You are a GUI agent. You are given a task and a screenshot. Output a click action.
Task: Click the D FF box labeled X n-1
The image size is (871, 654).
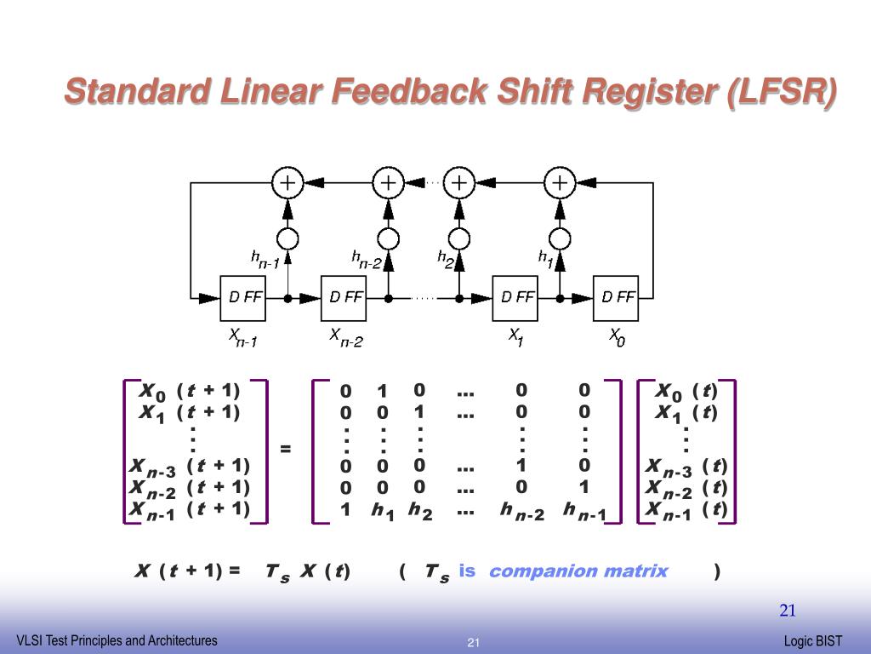(x=242, y=298)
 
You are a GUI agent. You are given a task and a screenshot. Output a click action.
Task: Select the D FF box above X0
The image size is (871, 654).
(x=616, y=298)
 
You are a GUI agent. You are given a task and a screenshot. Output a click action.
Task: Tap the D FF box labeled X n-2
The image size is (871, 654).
(x=343, y=298)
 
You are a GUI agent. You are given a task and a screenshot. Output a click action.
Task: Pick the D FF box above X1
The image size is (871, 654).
(x=515, y=298)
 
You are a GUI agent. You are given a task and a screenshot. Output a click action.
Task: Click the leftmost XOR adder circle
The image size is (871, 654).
(x=287, y=182)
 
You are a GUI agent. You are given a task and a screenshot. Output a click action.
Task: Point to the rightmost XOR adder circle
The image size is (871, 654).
(x=560, y=182)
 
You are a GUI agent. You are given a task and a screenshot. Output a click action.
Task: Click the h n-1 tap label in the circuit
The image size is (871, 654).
(x=265, y=259)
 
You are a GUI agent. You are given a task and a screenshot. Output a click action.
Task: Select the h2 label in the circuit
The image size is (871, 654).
(x=446, y=257)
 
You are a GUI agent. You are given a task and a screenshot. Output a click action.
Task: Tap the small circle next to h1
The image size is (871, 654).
(x=560, y=238)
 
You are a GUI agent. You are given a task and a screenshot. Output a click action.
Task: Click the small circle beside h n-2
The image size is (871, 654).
(x=388, y=238)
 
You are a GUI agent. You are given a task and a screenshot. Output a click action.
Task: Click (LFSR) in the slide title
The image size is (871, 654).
(x=781, y=92)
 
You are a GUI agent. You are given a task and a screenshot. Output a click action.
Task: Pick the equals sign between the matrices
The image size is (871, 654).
(x=286, y=449)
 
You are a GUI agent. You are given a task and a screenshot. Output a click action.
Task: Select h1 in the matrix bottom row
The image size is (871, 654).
(x=383, y=511)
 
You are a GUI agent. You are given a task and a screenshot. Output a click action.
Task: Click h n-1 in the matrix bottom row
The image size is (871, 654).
(x=584, y=511)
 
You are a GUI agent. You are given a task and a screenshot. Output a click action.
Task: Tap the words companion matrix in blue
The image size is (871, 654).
(x=578, y=571)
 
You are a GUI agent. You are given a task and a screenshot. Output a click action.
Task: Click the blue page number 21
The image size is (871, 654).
(x=788, y=611)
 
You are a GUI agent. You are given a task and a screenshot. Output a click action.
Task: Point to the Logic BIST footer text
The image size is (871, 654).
(x=813, y=641)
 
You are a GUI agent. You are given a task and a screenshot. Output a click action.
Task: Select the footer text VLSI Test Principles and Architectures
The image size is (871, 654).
(x=117, y=641)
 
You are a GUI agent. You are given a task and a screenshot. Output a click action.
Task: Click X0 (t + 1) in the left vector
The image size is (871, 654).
(x=190, y=391)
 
